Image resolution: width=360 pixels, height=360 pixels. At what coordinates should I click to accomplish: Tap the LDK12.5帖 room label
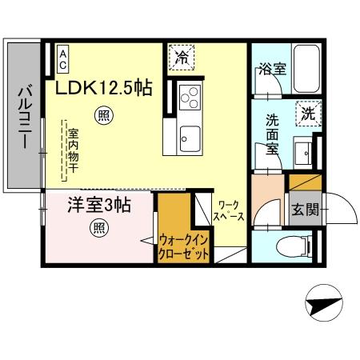[x=104, y=88]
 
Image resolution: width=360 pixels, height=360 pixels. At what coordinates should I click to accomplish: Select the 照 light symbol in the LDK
[x=104, y=115]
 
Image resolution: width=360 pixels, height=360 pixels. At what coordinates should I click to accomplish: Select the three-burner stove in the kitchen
[x=190, y=99]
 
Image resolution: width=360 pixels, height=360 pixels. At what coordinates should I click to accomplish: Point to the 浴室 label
[x=271, y=70]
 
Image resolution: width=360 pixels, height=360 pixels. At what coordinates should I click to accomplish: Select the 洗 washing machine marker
[x=307, y=114]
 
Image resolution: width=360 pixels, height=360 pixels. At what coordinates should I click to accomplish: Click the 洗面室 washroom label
[x=273, y=134]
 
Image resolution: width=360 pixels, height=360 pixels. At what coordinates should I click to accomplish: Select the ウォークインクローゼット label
[x=184, y=245]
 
